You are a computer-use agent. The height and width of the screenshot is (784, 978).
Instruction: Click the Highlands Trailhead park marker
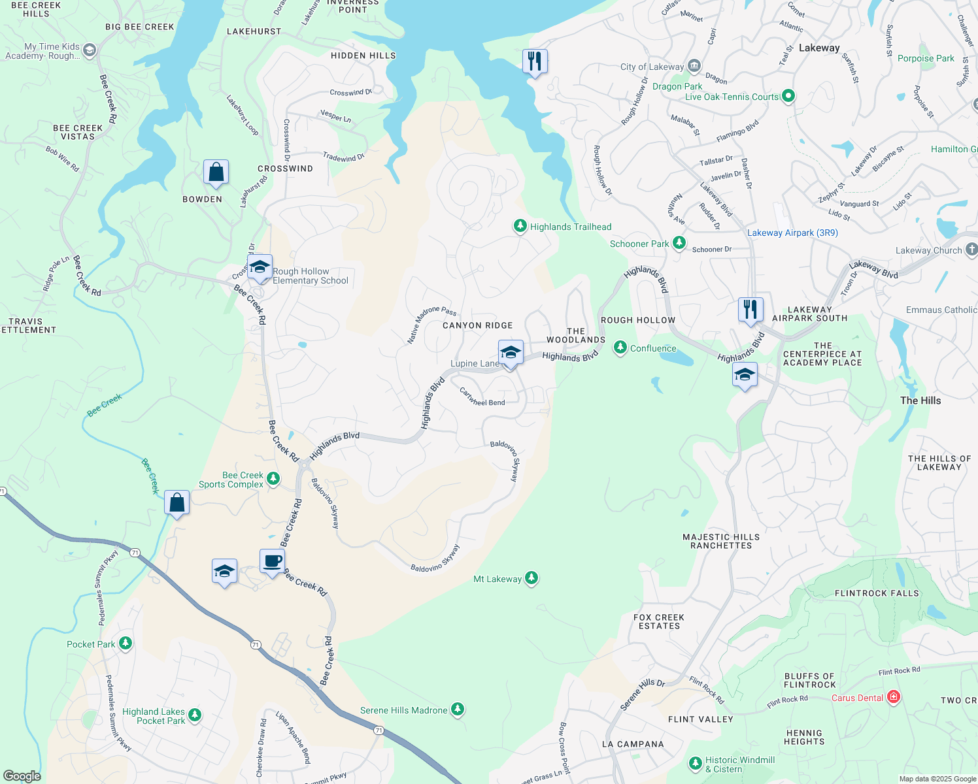[520, 226]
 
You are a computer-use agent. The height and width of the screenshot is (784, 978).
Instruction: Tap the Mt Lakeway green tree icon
[531, 578]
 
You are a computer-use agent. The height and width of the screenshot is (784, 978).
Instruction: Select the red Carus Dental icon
[894, 697]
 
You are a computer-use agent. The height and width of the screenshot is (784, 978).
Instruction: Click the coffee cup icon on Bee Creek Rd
[272, 561]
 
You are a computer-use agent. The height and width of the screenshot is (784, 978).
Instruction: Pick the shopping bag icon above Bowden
[216, 172]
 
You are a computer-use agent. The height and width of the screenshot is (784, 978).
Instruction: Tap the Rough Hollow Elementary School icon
[260, 267]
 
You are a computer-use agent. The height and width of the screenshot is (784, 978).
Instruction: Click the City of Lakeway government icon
[694, 66]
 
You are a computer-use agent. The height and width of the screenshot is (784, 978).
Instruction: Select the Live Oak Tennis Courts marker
[788, 96]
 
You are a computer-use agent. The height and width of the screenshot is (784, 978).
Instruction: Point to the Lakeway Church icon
[971, 250]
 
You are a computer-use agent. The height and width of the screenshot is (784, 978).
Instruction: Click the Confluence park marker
[620, 348]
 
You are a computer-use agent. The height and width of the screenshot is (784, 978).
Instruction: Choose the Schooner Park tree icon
[679, 243]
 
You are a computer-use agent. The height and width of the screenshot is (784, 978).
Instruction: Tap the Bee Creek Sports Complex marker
[273, 479]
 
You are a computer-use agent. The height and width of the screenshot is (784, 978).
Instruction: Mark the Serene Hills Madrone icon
[458, 710]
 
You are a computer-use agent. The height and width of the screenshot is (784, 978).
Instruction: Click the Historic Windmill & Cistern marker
[695, 763]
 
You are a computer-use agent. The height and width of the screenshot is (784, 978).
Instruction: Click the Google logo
[22, 776]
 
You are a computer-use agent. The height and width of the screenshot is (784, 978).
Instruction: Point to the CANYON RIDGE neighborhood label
[477, 325]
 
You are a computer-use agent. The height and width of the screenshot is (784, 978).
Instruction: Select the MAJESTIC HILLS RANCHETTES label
[721, 541]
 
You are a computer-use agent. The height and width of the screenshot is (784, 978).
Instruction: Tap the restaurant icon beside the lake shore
[535, 62]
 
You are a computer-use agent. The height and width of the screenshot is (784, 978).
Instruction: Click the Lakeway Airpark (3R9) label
[792, 233]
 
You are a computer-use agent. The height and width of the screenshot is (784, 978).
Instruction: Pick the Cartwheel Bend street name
[482, 397]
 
